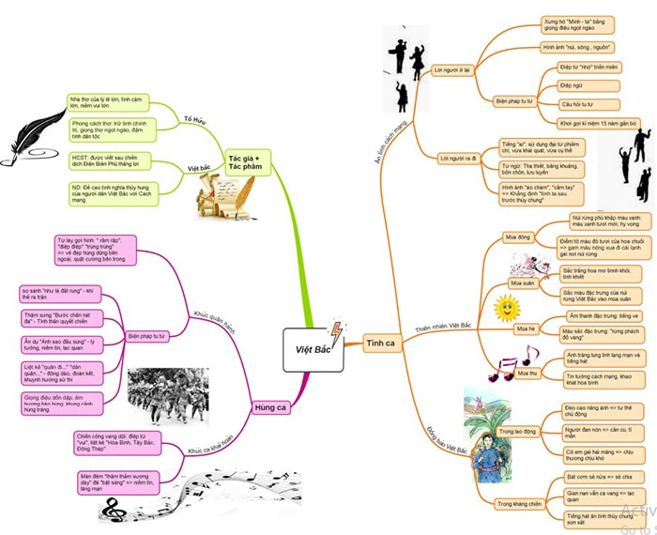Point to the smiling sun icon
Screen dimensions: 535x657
click(507, 306)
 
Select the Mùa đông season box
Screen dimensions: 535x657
click(517, 237)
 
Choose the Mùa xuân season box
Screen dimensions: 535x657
click(523, 281)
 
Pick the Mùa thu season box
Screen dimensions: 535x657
click(527, 373)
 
